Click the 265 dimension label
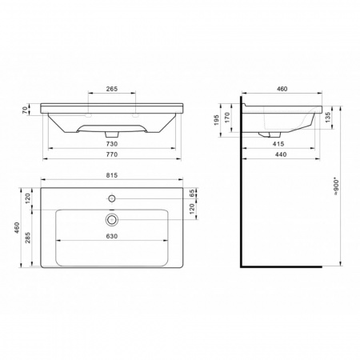tap(112, 89)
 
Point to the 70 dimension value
tap(25, 110)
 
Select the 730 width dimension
tap(112, 144)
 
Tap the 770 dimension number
tap(112, 154)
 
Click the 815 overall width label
tap(112, 175)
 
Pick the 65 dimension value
tap(192, 194)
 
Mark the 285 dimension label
tap(28, 238)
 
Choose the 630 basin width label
tap(112, 236)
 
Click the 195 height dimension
tap(216, 120)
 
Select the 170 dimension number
tap(227, 118)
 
